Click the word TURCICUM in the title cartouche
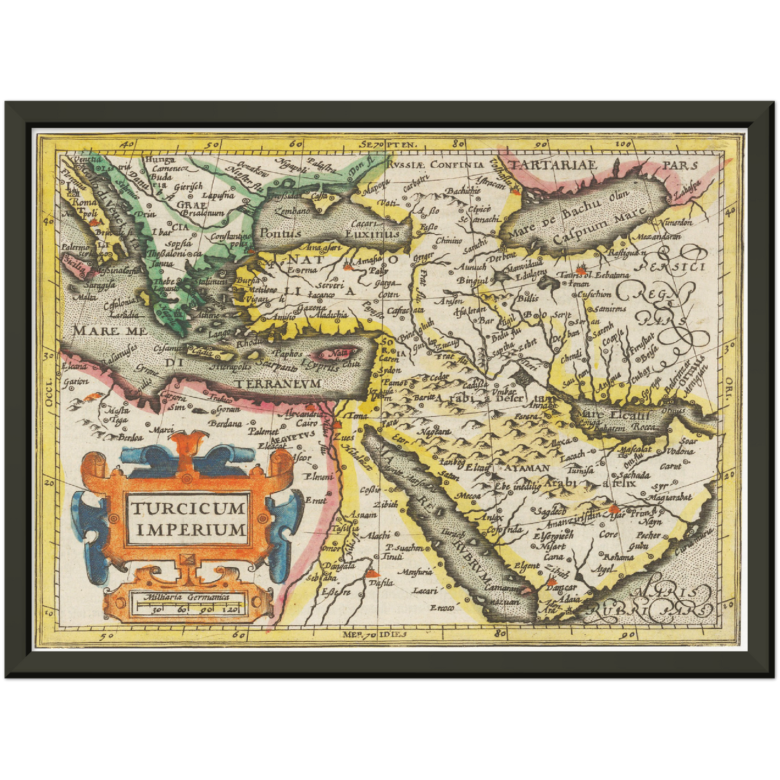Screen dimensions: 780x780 point(187,508)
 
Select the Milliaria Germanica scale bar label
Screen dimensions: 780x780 point(186,597)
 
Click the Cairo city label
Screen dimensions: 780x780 point(307,424)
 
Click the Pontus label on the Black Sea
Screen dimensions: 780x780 point(280,234)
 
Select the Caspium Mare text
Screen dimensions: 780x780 point(599,224)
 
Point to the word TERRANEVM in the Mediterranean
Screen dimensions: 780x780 point(277,383)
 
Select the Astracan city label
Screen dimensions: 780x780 point(492,184)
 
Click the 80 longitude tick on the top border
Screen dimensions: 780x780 point(459,144)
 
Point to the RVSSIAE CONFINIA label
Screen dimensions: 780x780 point(436,164)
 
